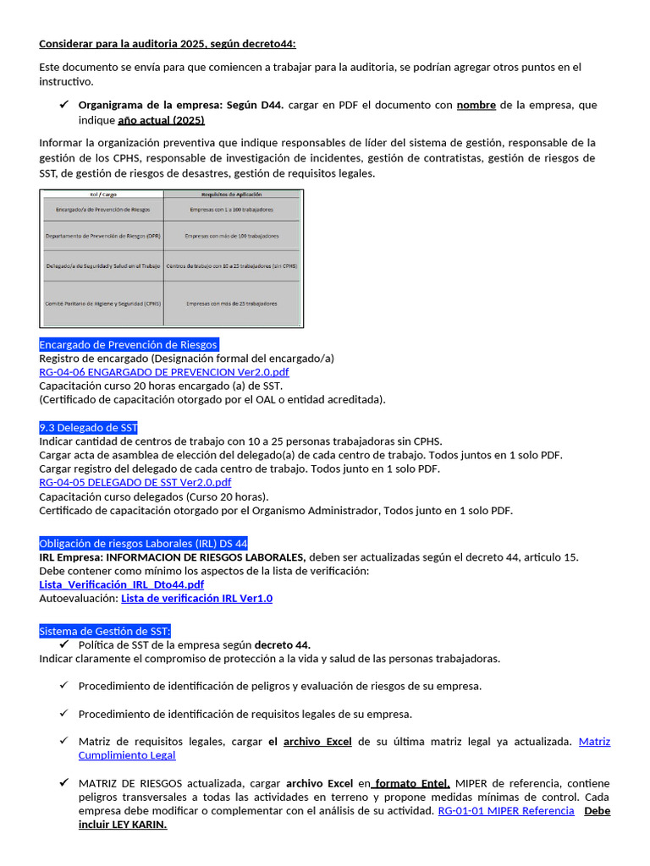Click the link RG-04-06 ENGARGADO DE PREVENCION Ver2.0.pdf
163,372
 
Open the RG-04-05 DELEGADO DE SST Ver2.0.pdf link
135,483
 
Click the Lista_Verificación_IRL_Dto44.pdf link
121,584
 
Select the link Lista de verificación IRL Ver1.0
196,599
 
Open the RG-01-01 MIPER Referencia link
505,811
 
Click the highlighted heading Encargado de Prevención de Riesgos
129,345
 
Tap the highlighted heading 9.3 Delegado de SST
88,428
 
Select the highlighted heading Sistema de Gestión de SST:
105,631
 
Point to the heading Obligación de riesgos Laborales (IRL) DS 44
143,543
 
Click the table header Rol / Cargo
102,195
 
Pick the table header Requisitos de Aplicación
232,195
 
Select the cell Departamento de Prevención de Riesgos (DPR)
102,236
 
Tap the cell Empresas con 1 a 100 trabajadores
232,208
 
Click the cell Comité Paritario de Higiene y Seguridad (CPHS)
102,303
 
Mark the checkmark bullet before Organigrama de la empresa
64,105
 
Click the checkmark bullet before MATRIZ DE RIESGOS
64,783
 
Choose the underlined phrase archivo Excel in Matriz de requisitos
317,742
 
